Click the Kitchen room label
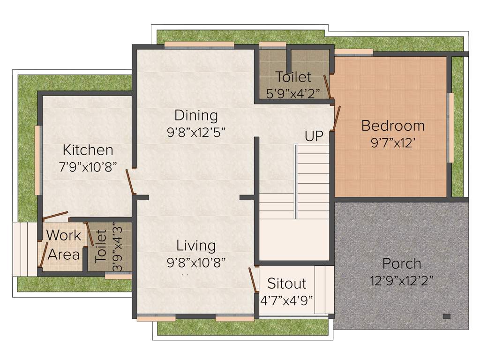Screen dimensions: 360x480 click(88, 150)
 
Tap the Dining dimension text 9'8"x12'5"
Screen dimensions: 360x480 click(196, 132)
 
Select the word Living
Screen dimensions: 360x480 click(196, 245)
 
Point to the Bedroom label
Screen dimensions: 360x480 click(393, 126)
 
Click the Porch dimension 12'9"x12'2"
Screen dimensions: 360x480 click(401, 281)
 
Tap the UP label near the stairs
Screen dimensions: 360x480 click(314, 136)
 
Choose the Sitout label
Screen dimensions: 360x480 click(286, 284)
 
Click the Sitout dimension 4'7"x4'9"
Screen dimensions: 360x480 click(286, 300)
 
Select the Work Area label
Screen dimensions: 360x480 click(64, 245)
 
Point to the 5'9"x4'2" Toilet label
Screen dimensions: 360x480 click(293, 76)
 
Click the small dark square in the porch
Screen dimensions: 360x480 click(446, 316)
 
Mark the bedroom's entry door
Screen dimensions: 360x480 click(336, 119)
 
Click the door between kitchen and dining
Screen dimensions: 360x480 click(130, 181)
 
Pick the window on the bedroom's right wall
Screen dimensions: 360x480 click(451, 127)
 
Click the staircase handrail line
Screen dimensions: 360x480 click(295, 181)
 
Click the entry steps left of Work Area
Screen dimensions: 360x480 click(25, 249)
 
